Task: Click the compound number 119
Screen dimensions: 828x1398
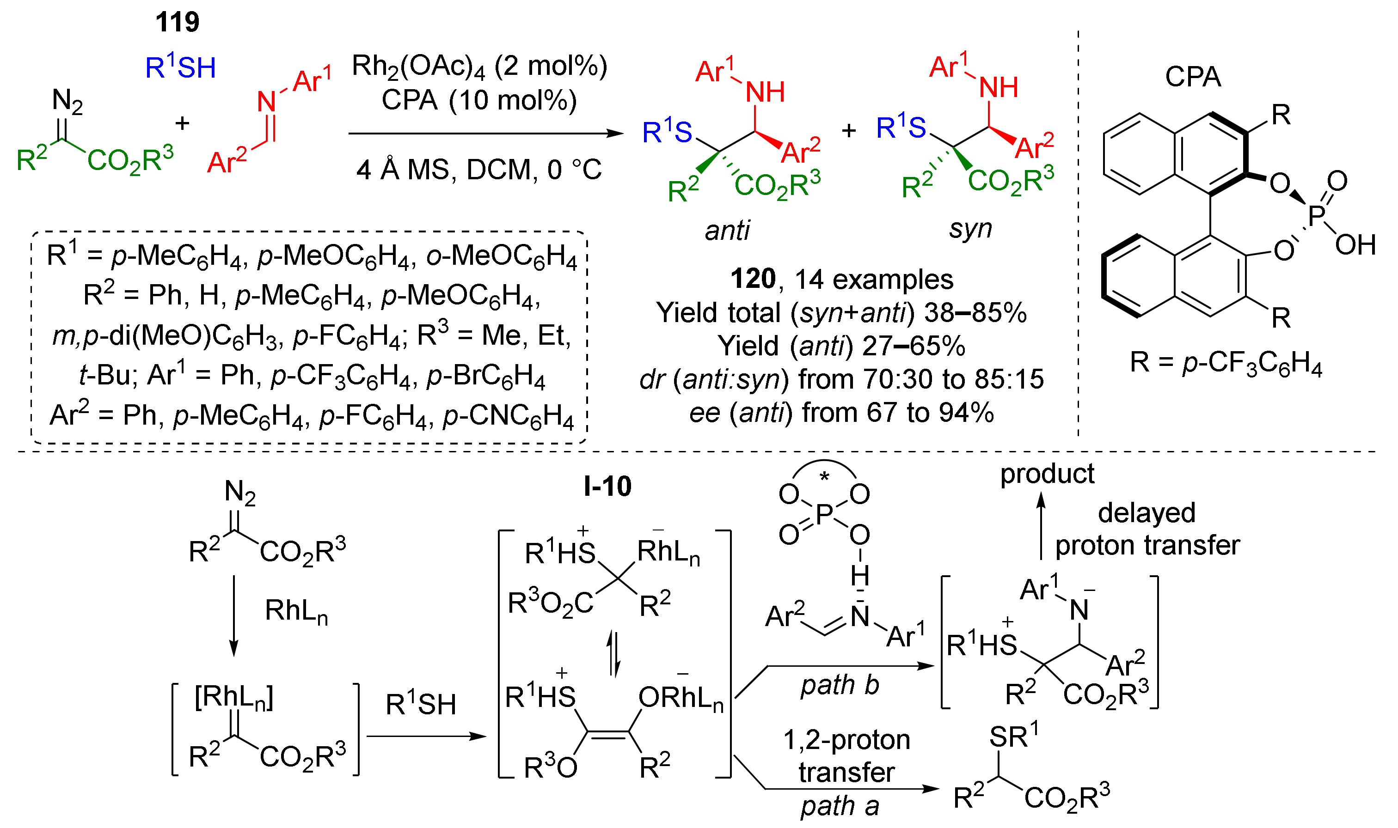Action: (177, 22)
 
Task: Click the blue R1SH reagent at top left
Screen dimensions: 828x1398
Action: (180, 67)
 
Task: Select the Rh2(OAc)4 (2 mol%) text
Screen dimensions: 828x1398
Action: (479, 67)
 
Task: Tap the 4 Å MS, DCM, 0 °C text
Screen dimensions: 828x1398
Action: (479, 169)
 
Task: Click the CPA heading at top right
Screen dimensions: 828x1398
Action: (1192, 76)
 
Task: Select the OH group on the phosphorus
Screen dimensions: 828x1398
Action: (1355, 245)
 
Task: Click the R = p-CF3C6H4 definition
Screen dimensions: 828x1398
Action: (1226, 363)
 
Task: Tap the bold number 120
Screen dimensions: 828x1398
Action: (753, 279)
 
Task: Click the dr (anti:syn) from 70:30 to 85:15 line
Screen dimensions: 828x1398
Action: (841, 379)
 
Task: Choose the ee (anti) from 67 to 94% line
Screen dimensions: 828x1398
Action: (841, 413)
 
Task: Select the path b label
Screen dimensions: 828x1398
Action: (840, 685)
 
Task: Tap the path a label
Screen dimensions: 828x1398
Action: (840, 806)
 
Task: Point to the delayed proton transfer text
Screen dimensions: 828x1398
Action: (1147, 529)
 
